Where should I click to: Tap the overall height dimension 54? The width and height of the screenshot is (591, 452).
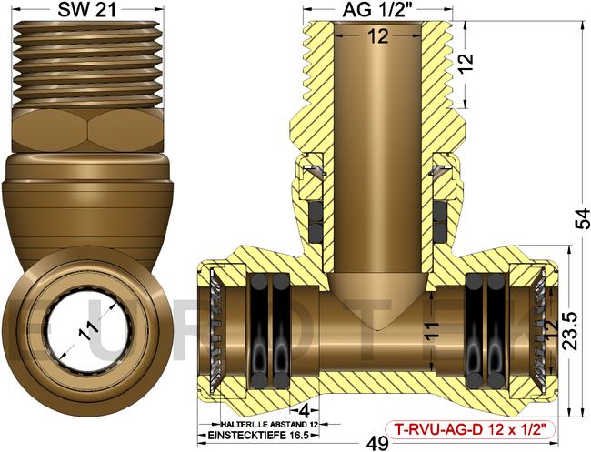(x=580, y=218)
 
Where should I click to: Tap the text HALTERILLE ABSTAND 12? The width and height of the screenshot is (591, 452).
(x=264, y=424)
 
